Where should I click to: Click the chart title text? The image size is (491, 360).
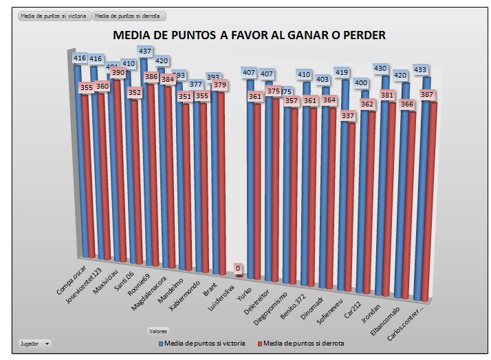tap(248, 35)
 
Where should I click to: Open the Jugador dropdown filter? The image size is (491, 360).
tap(34, 343)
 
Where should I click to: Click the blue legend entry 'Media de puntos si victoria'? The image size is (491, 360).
tap(203, 343)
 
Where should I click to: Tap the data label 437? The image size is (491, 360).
tap(146, 52)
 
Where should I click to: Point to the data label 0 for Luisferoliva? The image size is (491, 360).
tap(238, 268)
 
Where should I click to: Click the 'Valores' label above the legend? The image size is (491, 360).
tap(158, 331)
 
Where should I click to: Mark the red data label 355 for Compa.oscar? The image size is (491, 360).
tap(85, 88)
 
